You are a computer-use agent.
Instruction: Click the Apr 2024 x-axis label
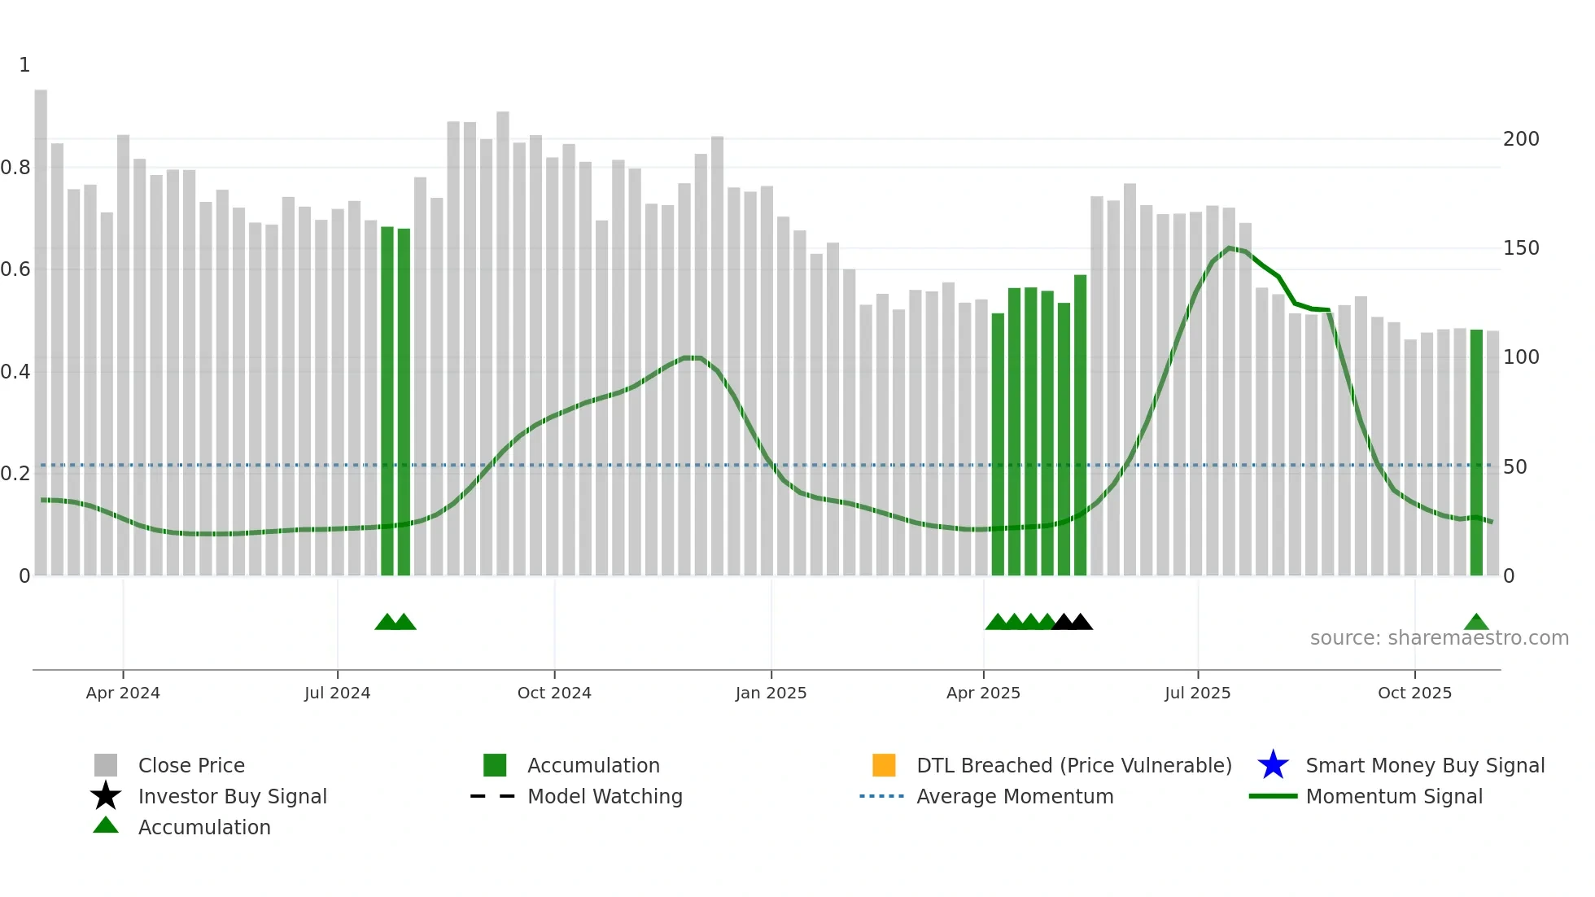123,693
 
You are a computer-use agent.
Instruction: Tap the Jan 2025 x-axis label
771,693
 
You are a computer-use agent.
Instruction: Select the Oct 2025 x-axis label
1414,693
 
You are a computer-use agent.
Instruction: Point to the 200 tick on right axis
1521,139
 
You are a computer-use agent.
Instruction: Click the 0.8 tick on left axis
15,168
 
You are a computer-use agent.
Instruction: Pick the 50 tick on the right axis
1515,467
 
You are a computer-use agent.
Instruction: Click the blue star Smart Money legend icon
1273,765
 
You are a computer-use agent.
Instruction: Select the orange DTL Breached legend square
884,765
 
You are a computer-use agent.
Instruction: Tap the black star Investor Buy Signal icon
106,796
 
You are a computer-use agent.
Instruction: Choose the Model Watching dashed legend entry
493,796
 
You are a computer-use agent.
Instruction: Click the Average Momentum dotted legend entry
881,796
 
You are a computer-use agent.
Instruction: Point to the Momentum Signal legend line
1273,796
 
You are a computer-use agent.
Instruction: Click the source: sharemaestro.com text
1439,638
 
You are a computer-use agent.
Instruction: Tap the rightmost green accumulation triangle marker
1476,623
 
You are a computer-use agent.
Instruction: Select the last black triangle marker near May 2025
1081,623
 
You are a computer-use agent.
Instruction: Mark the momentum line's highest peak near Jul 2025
1230,247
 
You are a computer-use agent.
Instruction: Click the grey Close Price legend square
106,765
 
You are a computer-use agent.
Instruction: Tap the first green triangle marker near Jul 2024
387,623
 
